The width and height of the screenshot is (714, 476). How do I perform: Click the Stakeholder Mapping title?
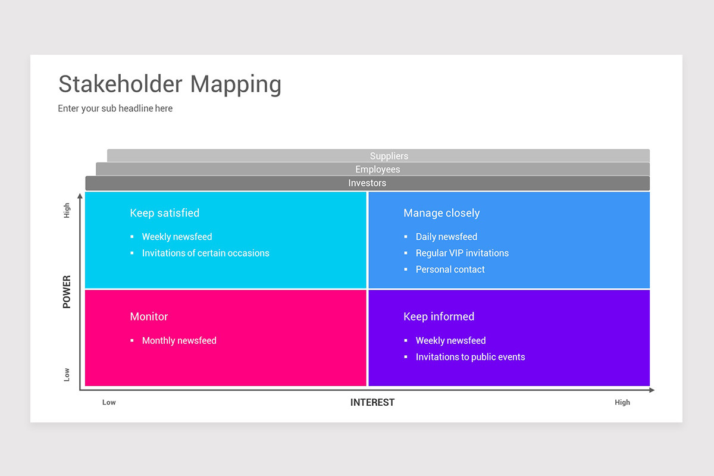point(170,84)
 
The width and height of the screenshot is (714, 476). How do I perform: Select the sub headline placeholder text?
point(115,108)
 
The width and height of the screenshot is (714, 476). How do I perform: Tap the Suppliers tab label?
point(389,156)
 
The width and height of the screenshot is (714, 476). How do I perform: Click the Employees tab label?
point(377,170)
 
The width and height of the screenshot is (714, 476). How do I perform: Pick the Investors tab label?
point(367,183)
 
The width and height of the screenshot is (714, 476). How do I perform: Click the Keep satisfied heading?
point(164,213)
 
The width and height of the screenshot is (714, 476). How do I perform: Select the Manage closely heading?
point(441,213)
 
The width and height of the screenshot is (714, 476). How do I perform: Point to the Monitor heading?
point(149,317)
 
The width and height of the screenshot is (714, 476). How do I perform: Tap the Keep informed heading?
point(439,317)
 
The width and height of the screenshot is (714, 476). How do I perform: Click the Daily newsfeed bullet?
point(446,237)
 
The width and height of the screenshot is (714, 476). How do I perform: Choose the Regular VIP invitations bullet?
point(462,253)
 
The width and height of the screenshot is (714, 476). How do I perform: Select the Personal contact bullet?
point(450,270)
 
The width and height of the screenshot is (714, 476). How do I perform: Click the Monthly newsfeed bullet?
point(178,341)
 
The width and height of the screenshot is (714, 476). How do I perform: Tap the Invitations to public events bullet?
point(470,357)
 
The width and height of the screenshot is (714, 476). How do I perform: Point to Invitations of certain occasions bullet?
point(205,253)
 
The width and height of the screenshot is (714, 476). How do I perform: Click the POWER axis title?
point(67,292)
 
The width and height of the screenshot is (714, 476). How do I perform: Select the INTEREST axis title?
point(372,403)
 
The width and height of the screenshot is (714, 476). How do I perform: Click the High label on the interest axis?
point(622,403)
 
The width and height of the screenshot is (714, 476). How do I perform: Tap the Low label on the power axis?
point(67,374)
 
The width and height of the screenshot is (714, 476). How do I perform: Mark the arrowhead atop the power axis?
point(80,196)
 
